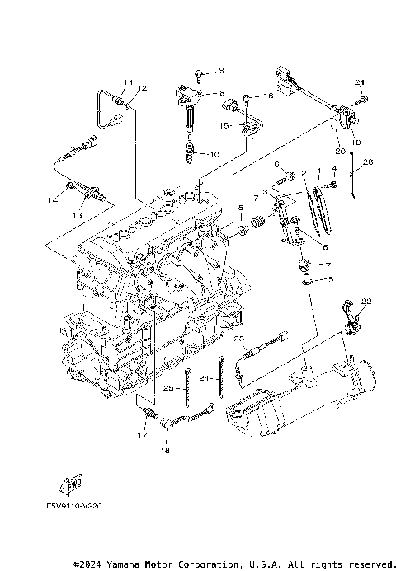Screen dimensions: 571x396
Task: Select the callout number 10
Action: coord(214,153)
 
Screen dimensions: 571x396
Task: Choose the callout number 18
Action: coord(163,452)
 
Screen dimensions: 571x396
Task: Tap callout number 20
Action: coord(339,151)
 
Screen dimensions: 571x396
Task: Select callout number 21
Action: coord(359,82)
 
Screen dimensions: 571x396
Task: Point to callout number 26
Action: coord(368,162)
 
